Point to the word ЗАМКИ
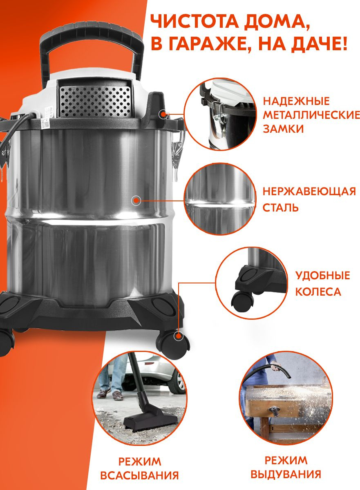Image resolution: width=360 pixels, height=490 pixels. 283,129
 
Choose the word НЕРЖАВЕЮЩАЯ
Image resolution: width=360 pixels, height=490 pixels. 309,192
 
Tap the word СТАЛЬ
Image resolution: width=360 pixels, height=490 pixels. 280,207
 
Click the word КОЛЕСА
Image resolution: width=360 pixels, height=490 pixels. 318,292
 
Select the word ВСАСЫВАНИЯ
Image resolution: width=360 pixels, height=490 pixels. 139,476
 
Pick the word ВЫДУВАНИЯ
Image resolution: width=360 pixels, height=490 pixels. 286,474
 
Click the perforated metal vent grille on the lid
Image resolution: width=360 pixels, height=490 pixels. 95,101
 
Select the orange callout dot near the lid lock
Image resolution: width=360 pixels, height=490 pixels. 163,114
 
